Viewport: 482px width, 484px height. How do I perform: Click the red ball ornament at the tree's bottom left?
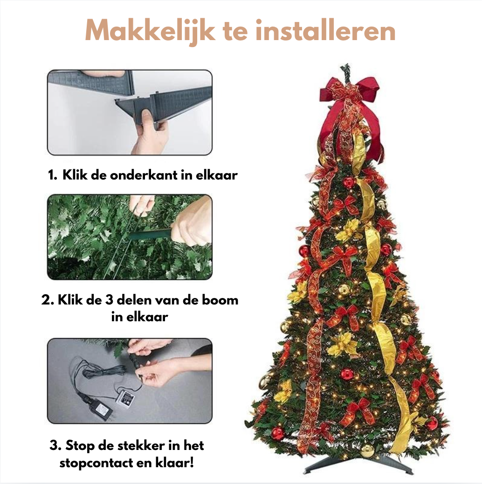[278, 433]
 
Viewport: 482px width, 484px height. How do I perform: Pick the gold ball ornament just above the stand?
[367, 449]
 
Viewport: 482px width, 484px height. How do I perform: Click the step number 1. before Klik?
[52, 176]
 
